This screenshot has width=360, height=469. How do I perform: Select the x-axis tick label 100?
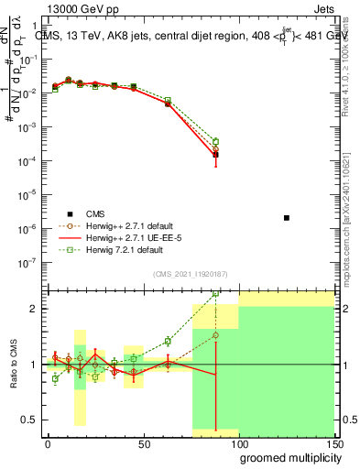(x=238, y=443)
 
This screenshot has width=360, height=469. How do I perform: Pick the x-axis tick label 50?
(x=143, y=443)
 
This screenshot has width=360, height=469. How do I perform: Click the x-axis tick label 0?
(x=48, y=443)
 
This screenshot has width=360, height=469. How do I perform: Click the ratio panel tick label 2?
(x=33, y=309)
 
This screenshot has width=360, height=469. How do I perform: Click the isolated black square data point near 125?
(x=287, y=218)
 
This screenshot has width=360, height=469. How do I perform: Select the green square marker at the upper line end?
(x=215, y=141)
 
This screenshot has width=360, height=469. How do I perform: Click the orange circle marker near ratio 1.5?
(x=215, y=335)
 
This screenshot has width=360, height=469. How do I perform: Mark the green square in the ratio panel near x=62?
(x=168, y=342)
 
